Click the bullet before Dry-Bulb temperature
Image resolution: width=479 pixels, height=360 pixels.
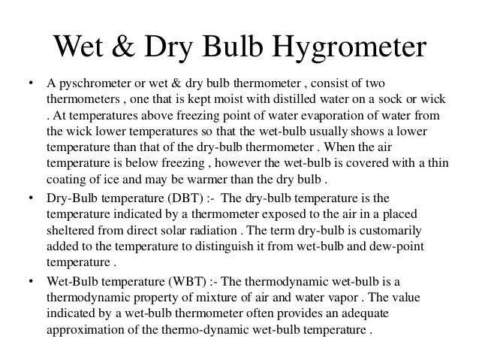pos(29,198)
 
